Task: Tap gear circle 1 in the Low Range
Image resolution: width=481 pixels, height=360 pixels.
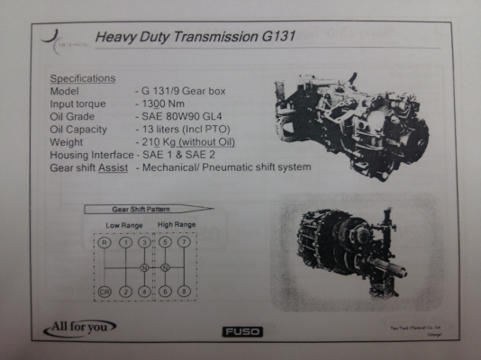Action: point(126,242)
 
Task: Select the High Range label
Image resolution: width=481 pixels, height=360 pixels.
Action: point(177,224)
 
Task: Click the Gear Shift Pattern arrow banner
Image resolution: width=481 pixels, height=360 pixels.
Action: point(148,209)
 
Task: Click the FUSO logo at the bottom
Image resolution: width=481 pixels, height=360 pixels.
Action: point(242,331)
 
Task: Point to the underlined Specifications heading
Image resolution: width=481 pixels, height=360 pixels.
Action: point(82,78)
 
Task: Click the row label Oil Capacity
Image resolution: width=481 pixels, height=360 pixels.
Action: point(81,130)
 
